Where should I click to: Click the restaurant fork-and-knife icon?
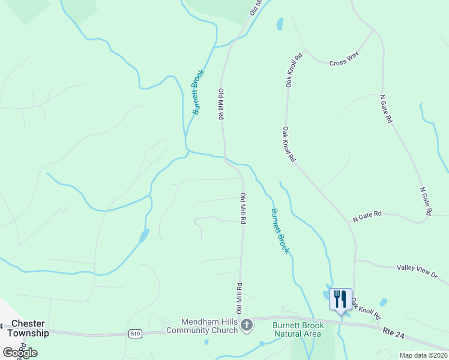[x=340, y=299]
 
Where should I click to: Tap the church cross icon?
[x=247, y=325]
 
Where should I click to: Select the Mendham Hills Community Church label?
[x=202, y=326]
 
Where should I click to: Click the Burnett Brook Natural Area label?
[x=298, y=329]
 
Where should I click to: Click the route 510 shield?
[x=136, y=332]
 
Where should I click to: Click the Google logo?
[x=20, y=352]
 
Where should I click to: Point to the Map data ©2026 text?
[x=423, y=355]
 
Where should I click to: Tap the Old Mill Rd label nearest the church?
[x=239, y=298]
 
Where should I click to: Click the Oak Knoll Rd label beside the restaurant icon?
[x=366, y=308]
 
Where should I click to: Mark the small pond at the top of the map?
[x=280, y=24]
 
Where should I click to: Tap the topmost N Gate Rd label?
[x=386, y=109]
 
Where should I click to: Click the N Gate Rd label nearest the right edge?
[x=426, y=200]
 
